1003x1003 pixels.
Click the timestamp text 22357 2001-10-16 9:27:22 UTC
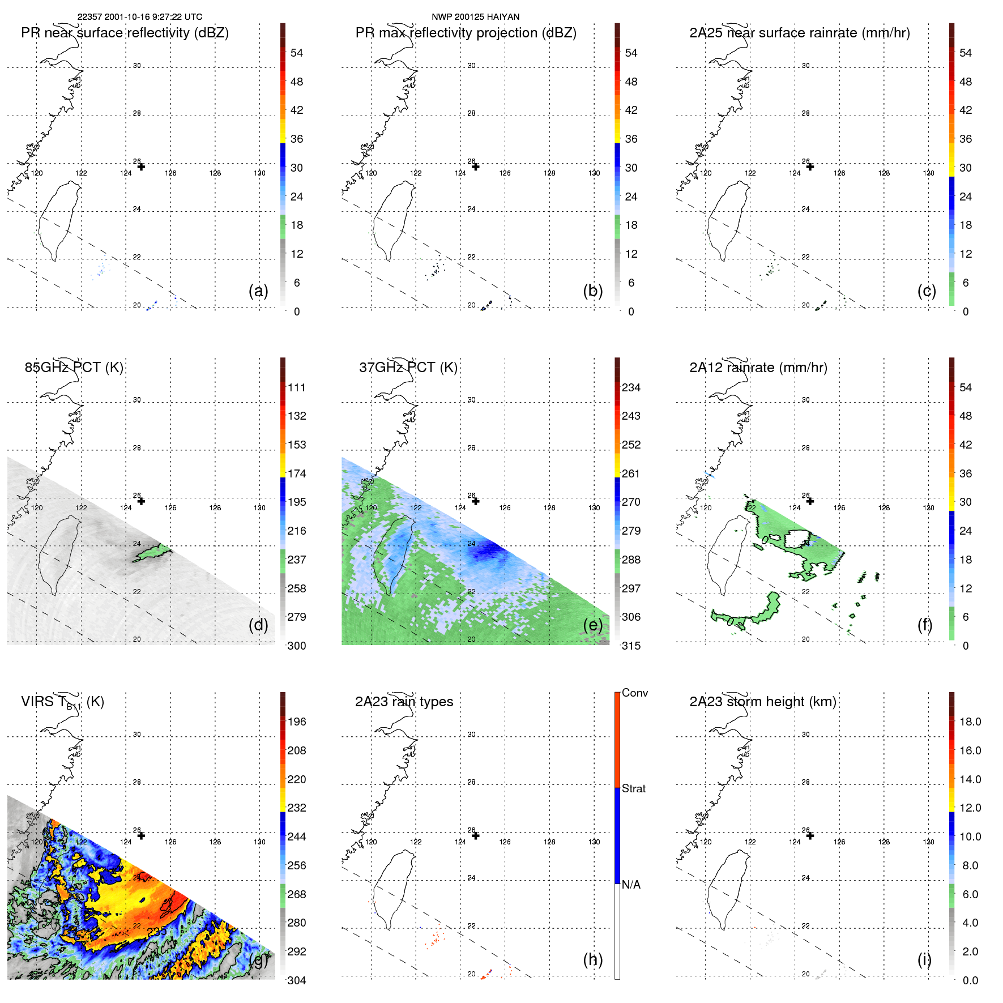[x=139, y=17]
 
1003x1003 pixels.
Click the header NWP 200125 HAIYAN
[x=475, y=17]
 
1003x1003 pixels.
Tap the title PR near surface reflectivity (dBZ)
[x=125, y=33]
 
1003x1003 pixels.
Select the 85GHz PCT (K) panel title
[x=74, y=368]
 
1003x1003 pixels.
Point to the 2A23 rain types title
[x=404, y=702]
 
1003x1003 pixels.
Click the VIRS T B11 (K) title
[x=62, y=702]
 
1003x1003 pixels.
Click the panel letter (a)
[x=258, y=291]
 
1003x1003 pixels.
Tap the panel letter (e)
[x=592, y=625]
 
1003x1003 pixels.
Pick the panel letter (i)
[x=924, y=959]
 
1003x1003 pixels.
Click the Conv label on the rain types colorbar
[x=635, y=693]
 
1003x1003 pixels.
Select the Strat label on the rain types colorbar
[x=634, y=789]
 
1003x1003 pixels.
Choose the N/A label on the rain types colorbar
[x=631, y=885]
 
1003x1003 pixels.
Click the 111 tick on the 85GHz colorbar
[x=297, y=388]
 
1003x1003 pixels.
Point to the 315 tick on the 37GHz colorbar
[x=631, y=646]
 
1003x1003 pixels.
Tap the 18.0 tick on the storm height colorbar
[x=970, y=722]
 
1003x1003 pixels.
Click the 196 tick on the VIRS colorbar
[x=297, y=722]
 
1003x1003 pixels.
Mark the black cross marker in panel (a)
[x=141, y=167]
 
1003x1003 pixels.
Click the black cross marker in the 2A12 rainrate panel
[x=810, y=501]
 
